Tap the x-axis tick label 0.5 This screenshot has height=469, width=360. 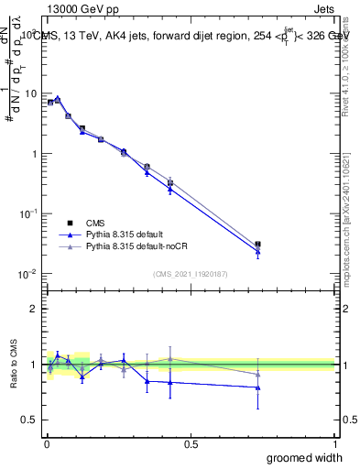(191, 443)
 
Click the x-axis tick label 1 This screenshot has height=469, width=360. (333, 443)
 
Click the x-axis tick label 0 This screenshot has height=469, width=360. (46, 443)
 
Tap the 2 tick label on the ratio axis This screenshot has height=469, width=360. (37, 309)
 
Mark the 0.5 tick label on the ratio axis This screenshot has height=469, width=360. (32, 420)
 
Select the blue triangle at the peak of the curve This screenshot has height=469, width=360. (58, 99)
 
